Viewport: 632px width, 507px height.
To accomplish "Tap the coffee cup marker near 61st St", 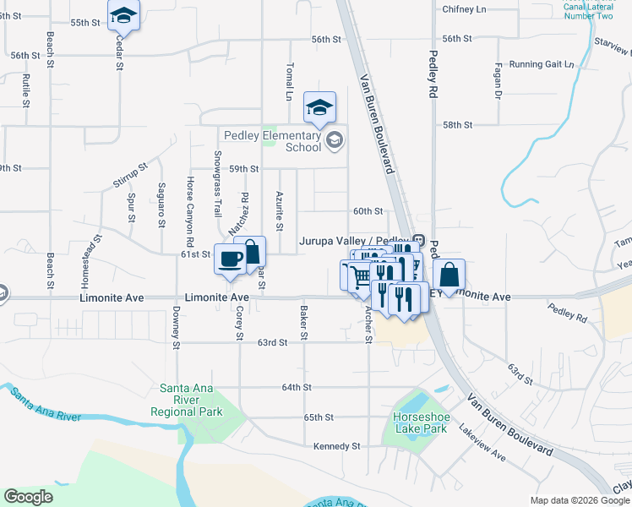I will (230, 259).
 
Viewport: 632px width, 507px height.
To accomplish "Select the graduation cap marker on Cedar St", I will (123, 15).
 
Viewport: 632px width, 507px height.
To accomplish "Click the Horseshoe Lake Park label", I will (419, 422).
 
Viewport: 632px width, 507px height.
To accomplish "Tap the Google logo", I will (29, 497).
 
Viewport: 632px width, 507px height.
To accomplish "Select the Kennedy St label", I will (336, 446).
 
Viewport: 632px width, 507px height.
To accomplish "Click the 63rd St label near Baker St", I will (273, 342).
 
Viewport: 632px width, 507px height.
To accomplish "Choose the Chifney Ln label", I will (465, 9).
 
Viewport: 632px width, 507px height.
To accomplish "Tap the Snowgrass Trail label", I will (217, 182).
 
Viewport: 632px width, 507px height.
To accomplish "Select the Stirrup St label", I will (130, 174).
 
